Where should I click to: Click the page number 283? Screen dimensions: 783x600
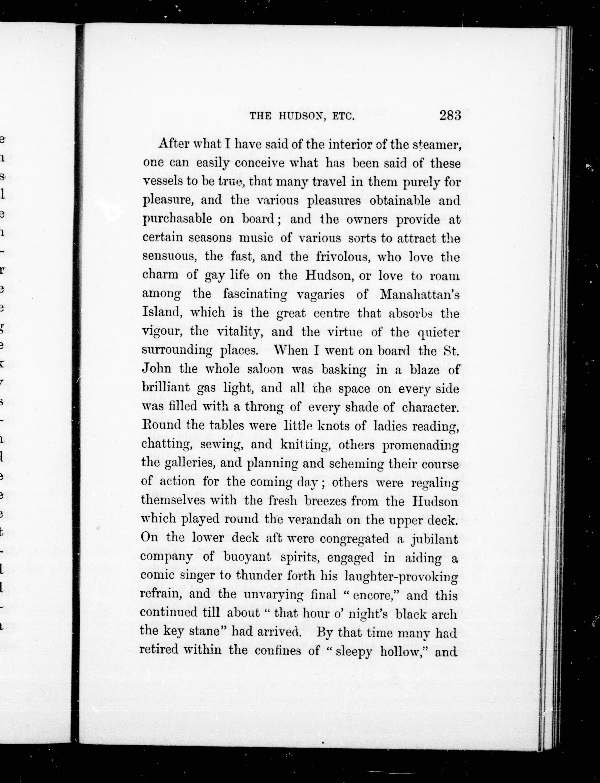coord(451,116)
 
